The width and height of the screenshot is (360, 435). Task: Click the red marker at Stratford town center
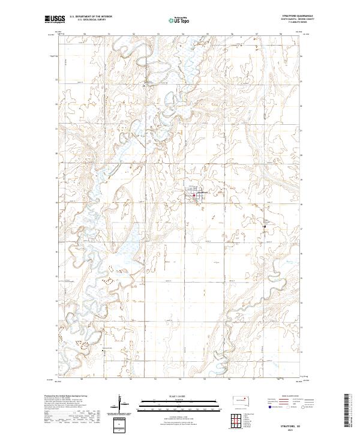194,194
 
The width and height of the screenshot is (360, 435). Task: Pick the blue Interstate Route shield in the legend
268,406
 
